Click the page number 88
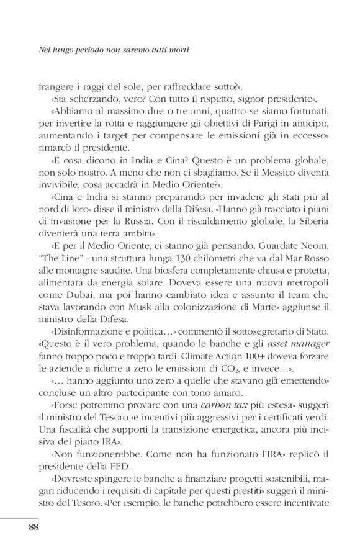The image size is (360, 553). tap(34, 527)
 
